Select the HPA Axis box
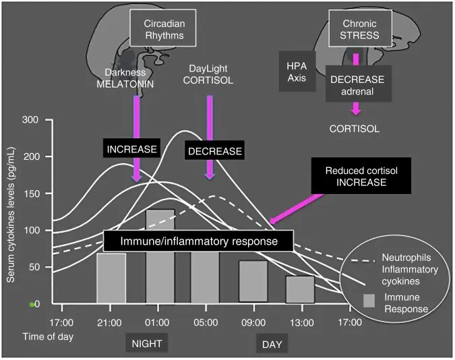click(297, 71)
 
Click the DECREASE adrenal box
click(357, 85)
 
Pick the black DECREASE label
click(214, 150)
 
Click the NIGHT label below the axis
click(146, 344)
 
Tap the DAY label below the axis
click(272, 344)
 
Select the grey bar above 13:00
click(299, 289)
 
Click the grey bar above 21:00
click(111, 278)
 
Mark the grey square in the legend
click(369, 301)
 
